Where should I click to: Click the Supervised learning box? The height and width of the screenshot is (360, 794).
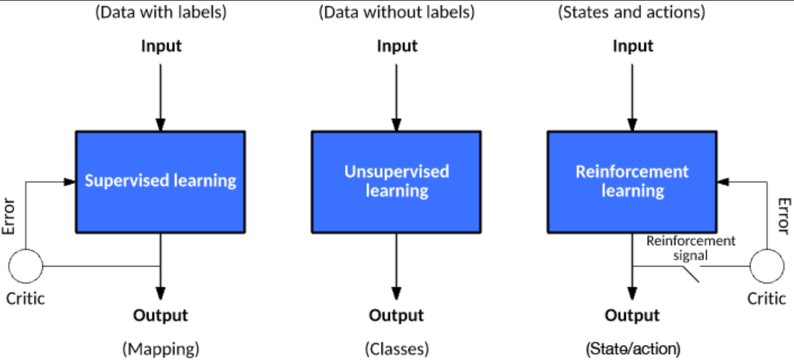click(160, 182)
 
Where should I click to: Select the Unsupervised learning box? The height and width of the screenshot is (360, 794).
click(396, 182)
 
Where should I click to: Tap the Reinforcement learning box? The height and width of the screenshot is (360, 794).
click(632, 182)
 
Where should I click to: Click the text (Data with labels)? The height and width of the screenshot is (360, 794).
click(161, 13)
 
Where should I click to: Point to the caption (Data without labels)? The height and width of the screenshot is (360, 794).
click(396, 13)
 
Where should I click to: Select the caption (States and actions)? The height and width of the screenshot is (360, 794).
click(632, 13)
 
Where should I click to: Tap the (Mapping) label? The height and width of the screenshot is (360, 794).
click(161, 349)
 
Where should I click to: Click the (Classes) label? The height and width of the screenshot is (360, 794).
click(397, 349)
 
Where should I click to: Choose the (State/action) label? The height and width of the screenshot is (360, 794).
click(633, 349)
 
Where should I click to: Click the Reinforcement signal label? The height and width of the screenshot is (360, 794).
click(691, 248)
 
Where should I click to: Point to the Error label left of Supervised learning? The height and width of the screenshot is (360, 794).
click(8, 216)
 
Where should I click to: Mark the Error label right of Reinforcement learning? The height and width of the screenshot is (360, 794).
click(784, 216)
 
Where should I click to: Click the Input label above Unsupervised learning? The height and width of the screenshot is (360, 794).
click(397, 46)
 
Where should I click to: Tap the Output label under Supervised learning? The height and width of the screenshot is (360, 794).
click(160, 315)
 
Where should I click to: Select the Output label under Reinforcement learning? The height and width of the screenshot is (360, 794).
click(632, 315)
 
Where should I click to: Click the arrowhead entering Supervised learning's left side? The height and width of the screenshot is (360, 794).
click(70, 182)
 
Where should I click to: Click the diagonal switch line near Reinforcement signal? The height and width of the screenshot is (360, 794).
click(691, 274)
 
